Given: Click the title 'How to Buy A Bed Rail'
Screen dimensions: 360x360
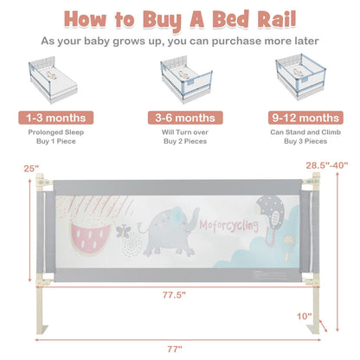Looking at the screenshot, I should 179,19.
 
